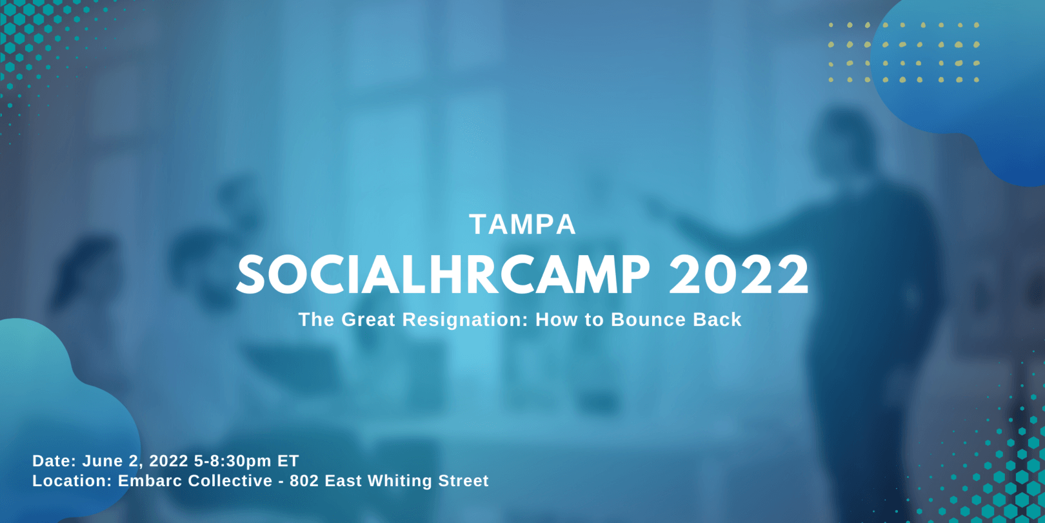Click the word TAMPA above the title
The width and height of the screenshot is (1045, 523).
click(522, 224)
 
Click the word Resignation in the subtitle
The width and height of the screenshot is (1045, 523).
click(464, 320)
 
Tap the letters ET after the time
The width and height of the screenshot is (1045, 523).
click(288, 461)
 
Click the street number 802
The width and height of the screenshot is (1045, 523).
click(304, 480)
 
